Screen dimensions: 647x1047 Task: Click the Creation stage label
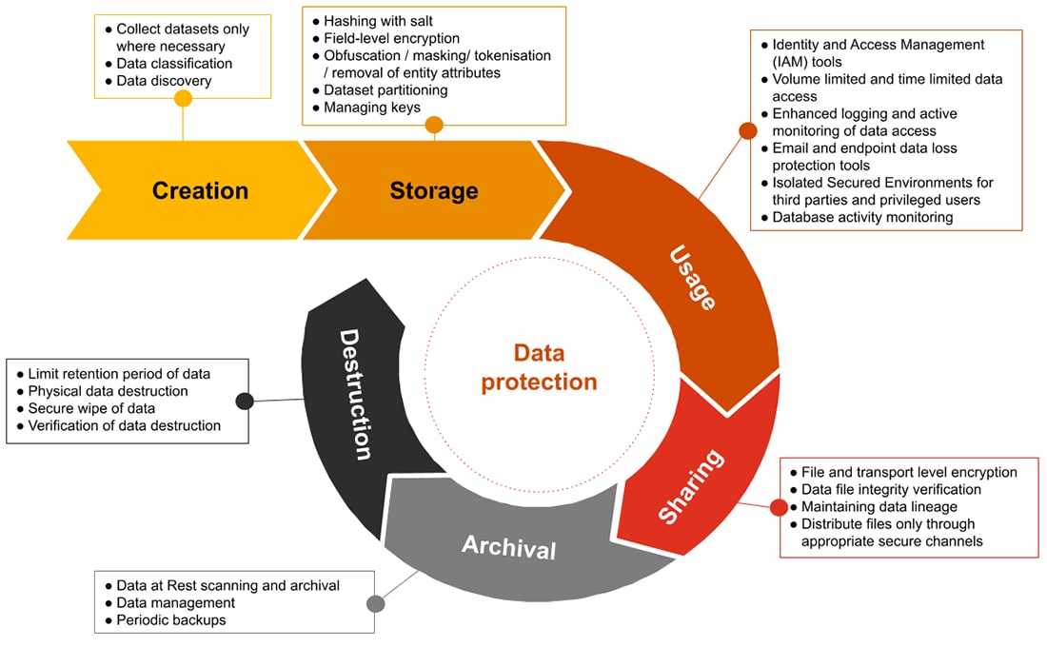(x=200, y=190)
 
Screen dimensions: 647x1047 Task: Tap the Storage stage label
(x=433, y=190)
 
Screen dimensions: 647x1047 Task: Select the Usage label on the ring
(x=692, y=277)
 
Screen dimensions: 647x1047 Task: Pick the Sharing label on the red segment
(x=692, y=486)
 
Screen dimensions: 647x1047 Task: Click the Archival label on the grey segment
(x=508, y=547)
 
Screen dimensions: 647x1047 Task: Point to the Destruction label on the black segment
(x=354, y=394)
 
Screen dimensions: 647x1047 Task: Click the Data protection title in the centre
(x=538, y=367)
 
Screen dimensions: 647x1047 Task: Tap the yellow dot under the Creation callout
(x=184, y=99)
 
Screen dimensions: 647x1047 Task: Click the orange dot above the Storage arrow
(x=434, y=125)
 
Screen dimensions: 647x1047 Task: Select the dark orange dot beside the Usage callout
(x=746, y=130)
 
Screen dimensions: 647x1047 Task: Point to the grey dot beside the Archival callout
(x=375, y=603)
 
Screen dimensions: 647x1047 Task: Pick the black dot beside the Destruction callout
(x=245, y=401)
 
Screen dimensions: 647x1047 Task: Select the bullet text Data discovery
(x=163, y=81)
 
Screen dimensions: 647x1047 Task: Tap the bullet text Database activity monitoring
(x=861, y=218)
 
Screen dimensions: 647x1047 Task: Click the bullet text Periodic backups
(x=170, y=620)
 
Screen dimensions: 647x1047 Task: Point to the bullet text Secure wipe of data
(x=91, y=409)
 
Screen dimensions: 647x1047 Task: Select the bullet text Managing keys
(x=371, y=108)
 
